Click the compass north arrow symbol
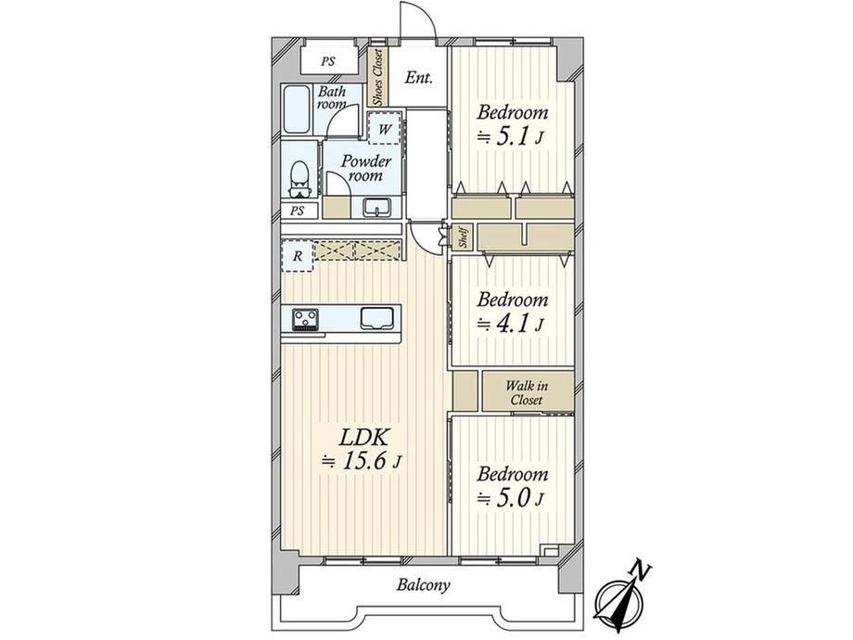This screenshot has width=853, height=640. (x=622, y=598)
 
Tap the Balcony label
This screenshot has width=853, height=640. (x=423, y=585)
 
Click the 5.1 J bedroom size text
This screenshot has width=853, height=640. (x=510, y=137)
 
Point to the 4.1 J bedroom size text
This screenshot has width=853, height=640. (x=510, y=325)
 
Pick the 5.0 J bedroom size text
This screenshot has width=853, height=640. (x=510, y=498)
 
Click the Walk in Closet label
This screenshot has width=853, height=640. (x=527, y=393)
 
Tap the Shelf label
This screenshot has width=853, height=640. (x=464, y=237)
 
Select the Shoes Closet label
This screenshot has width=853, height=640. (x=377, y=77)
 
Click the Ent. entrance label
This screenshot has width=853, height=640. (x=418, y=78)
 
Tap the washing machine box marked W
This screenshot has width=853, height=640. (x=385, y=128)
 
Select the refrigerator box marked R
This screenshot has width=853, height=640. (x=297, y=256)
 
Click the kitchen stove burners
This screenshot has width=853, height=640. (x=305, y=319)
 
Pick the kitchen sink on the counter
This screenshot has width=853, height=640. (x=376, y=319)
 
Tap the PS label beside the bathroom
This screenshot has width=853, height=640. (x=327, y=61)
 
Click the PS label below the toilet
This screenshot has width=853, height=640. (x=297, y=211)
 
